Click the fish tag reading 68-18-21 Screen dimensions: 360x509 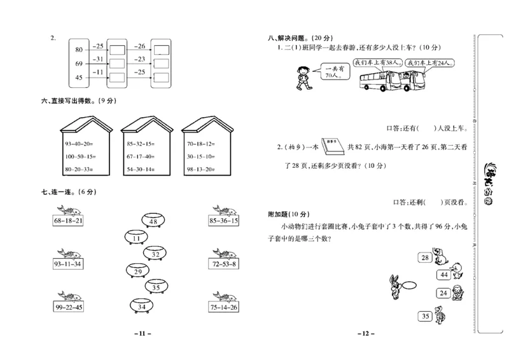tap(69, 221)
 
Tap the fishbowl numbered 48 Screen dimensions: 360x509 tap(153, 221)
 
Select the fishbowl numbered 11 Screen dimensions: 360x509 tap(136, 239)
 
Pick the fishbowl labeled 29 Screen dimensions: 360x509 tap(138, 272)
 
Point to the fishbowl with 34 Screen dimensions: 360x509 tap(141, 307)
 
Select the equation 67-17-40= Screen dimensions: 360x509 tap(140, 156)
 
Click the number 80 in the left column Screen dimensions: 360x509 tap(79, 50)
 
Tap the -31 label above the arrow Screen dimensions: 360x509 tap(97, 59)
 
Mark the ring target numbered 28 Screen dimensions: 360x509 tap(424, 258)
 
